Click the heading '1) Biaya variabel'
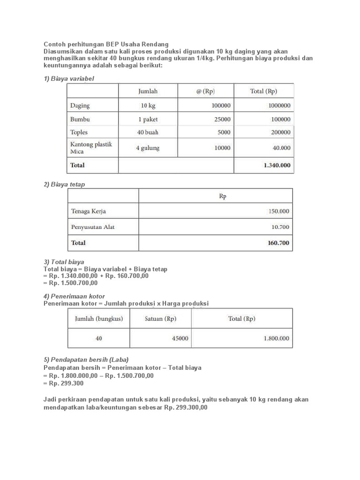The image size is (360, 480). pyautogui.click(x=69, y=78)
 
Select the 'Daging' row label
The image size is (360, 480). pyautogui.click(x=80, y=106)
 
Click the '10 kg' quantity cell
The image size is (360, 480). pyautogui.click(x=148, y=106)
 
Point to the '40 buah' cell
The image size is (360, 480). pyautogui.click(x=148, y=133)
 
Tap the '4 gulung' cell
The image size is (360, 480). pyautogui.click(x=148, y=148)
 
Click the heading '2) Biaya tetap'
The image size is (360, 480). pyautogui.click(x=64, y=184)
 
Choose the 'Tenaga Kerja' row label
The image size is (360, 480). pyautogui.click(x=89, y=211)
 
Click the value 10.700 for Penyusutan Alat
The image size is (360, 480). pyautogui.click(x=280, y=227)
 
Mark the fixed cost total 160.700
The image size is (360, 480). pyautogui.click(x=278, y=243)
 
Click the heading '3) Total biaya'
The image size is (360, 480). pyautogui.click(x=64, y=262)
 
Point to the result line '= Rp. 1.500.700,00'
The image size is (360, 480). pyautogui.click(x=70, y=283)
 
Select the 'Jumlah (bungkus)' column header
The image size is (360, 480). pyautogui.click(x=99, y=319)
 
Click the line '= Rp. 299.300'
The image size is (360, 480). pyautogui.click(x=63, y=383)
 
